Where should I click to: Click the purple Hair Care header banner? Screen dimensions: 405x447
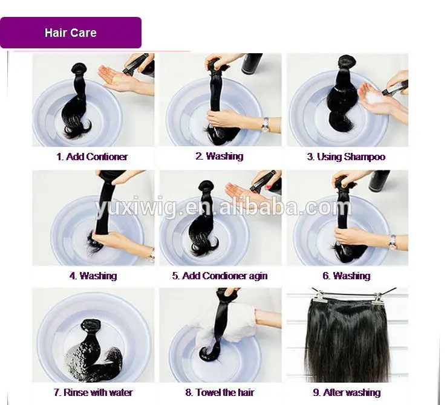click(x=71, y=33)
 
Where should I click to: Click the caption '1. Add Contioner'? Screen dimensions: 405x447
click(x=93, y=157)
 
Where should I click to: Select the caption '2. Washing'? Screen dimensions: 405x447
click(x=219, y=156)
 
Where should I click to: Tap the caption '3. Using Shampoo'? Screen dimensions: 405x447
click(x=346, y=157)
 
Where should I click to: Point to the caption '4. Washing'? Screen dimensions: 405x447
click(x=93, y=276)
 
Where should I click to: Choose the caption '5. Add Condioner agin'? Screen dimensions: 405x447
click(x=220, y=276)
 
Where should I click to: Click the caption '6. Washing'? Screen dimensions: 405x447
click(x=346, y=276)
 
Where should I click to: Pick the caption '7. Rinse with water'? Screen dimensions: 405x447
click(x=93, y=392)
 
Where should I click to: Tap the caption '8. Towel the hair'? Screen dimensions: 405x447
click(x=220, y=392)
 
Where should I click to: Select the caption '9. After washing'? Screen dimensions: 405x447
click(x=347, y=392)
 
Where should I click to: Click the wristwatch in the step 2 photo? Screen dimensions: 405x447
click(x=265, y=125)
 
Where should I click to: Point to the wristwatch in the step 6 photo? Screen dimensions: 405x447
click(x=393, y=241)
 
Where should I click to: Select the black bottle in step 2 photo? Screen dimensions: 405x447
click(x=252, y=63)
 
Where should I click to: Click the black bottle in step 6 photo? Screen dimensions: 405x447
click(x=379, y=180)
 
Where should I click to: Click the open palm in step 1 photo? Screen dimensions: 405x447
click(x=115, y=77)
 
